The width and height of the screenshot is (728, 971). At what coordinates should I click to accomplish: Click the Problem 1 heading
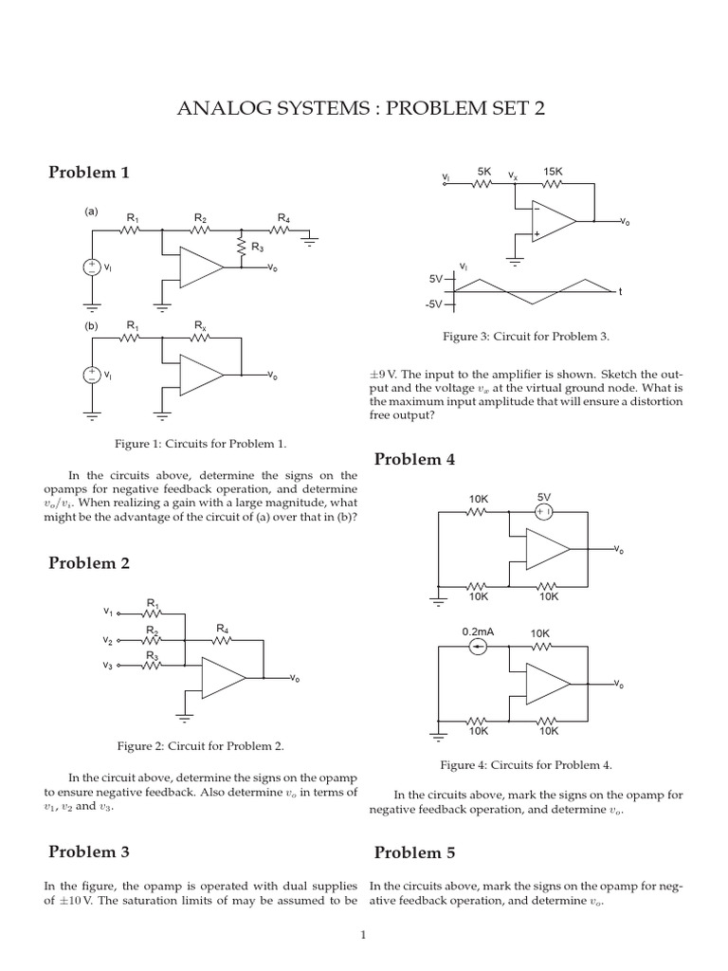89,173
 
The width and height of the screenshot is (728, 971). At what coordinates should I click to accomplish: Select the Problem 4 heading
414,459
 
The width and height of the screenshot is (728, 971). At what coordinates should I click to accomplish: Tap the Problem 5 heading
414,852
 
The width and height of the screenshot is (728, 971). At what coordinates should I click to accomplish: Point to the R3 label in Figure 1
257,248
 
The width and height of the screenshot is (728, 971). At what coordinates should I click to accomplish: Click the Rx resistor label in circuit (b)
200,326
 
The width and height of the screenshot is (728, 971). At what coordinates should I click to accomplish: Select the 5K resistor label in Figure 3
484,172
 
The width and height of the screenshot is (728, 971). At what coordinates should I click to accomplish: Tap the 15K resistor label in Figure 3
553,172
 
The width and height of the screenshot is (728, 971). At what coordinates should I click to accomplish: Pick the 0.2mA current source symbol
479,647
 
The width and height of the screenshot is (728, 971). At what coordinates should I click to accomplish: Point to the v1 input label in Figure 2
108,612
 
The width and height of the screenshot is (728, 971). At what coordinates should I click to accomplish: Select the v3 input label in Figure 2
108,666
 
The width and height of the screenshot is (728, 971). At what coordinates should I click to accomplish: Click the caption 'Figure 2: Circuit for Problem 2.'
201,746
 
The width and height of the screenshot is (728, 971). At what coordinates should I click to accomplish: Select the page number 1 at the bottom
363,936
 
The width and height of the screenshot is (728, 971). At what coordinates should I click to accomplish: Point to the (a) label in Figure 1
91,211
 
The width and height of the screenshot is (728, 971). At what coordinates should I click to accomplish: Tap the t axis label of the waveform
621,292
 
